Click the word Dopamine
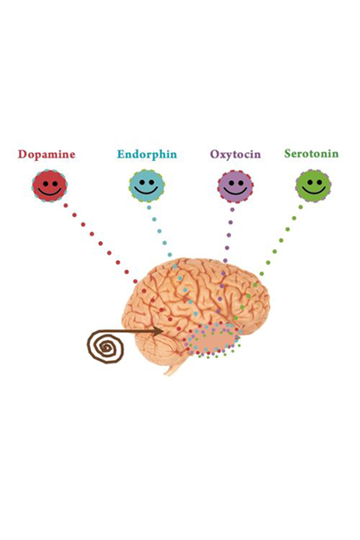point(47,155)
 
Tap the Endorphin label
point(147,155)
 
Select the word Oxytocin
point(235,155)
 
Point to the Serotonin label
point(311,154)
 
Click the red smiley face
point(49,185)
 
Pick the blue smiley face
point(147,185)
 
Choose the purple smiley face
point(236,185)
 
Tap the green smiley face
point(313,185)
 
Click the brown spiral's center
point(106,348)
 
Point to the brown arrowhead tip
point(163,331)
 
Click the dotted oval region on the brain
point(213,339)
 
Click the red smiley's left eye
point(45,184)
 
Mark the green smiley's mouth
point(313,191)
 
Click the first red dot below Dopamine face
point(66,205)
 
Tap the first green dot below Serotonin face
point(301,207)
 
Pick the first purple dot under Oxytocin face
point(232,210)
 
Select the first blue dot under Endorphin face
point(148,207)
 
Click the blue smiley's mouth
point(147,191)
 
